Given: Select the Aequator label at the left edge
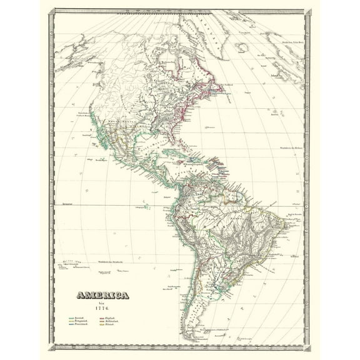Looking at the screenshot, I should point(62,204).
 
